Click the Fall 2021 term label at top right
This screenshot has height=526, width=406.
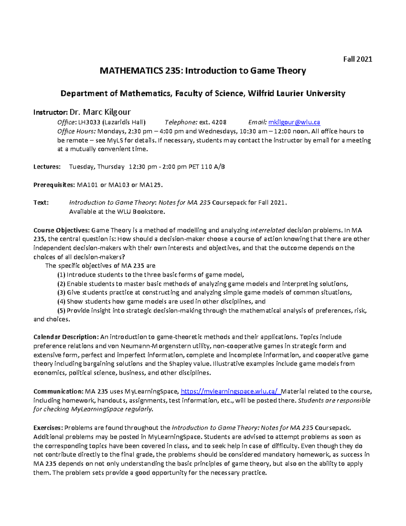tap(358, 59)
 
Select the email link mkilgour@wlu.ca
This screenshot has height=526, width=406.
tap(294, 122)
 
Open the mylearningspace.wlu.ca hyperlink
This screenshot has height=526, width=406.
tap(231, 392)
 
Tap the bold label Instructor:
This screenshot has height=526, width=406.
tap(50, 112)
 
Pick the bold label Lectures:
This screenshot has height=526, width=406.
tap(47, 167)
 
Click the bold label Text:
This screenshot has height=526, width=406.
tap(41, 203)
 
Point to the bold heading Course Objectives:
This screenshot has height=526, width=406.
tap(62, 230)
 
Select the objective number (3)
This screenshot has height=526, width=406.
tap(61, 293)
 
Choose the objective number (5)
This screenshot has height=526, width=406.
tap(61, 311)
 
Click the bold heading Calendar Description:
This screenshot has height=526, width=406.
tap(66, 337)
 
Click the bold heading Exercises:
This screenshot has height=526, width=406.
tap(48, 428)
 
